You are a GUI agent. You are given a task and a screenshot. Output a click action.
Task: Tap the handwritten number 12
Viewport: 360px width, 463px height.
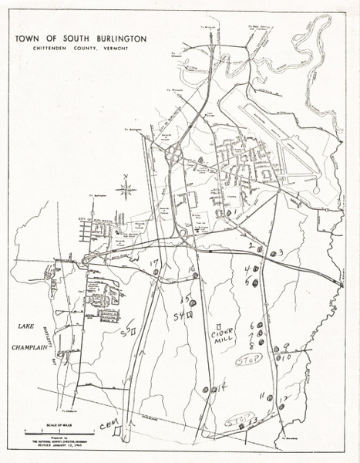pyautogui.click(x=284, y=399)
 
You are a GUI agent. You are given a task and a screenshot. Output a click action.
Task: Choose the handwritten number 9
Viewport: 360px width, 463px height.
pyautogui.click(x=286, y=347)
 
